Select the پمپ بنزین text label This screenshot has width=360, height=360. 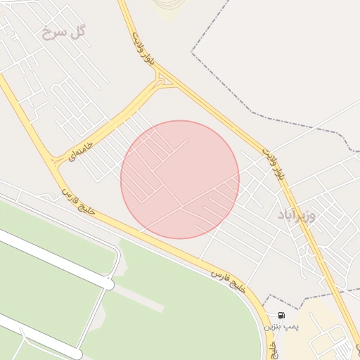tap(281, 327)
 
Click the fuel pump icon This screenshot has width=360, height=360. tap(281, 316)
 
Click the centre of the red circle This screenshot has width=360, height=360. tap(180, 179)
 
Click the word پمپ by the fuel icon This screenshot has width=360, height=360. tap(291, 327)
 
